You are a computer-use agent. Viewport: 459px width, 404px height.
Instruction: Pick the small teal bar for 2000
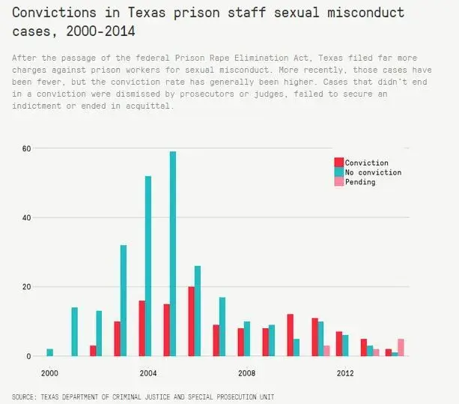pyautogui.click(x=50, y=352)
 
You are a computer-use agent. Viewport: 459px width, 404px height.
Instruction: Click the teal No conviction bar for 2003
pyautogui.click(x=124, y=301)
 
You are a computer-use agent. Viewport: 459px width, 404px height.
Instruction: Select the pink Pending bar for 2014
pyautogui.click(x=401, y=347)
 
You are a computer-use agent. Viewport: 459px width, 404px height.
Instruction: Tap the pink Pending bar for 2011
pyautogui.click(x=326, y=351)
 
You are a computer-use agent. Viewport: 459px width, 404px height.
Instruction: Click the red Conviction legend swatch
pyautogui.click(x=338, y=163)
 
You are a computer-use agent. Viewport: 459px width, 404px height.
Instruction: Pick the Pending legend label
pyautogui.click(x=360, y=182)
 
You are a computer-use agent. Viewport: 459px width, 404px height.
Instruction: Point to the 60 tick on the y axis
pyautogui.click(x=26, y=148)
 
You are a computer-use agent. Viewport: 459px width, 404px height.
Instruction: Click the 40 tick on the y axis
pyautogui.click(x=26, y=217)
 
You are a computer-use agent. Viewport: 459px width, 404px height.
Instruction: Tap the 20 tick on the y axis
pyautogui.click(x=26, y=287)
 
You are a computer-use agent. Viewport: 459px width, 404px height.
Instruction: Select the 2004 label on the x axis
pyautogui.click(x=148, y=373)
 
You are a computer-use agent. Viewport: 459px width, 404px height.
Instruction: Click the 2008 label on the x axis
pyautogui.click(x=246, y=373)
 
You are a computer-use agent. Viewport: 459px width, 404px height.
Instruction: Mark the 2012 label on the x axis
pyautogui.click(x=345, y=373)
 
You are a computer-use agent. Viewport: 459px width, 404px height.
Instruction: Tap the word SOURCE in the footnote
pyautogui.click(x=25, y=395)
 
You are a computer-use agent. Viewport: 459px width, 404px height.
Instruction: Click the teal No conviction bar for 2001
pyautogui.click(x=74, y=331)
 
